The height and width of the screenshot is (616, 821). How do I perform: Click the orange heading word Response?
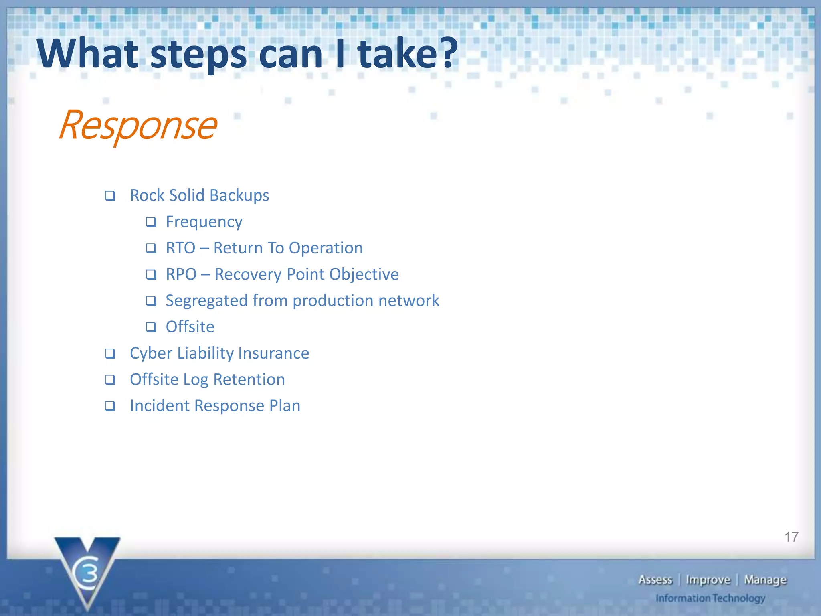click(138, 126)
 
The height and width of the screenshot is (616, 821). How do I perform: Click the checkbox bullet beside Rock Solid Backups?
click(110, 196)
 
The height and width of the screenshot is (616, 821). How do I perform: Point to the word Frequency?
click(204, 222)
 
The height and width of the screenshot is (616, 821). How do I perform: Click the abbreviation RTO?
click(180, 248)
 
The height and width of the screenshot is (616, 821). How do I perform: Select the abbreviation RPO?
click(181, 275)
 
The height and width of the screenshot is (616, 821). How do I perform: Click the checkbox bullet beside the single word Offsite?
click(151, 327)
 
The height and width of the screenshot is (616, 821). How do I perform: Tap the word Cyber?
click(151, 353)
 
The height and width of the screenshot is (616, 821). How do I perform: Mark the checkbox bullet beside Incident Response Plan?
click(110, 406)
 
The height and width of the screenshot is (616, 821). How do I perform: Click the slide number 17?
click(791, 537)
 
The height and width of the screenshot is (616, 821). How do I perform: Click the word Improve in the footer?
click(708, 580)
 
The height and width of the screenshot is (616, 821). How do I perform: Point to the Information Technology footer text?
click(710, 598)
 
